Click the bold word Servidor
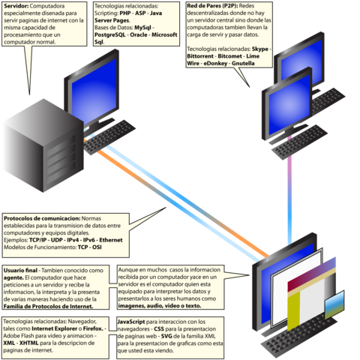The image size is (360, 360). pyautogui.click(x=17, y=5)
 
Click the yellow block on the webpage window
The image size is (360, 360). pyautogui.click(x=295, y=315)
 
